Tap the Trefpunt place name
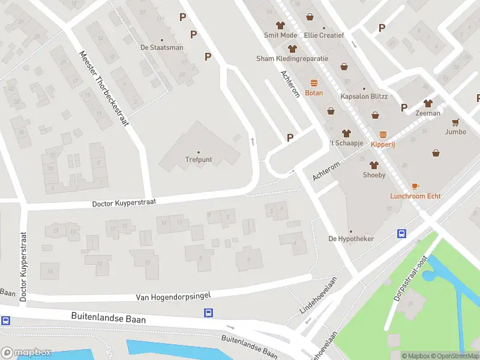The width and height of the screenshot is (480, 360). (199, 160)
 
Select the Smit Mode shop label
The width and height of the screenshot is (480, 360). (280, 35)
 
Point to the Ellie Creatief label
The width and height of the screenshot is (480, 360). (323, 35)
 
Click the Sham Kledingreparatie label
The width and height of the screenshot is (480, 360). (292, 59)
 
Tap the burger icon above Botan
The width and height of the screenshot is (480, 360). (314, 83)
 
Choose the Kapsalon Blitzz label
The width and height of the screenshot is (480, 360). (364, 97)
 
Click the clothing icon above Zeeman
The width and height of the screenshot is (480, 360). (428, 103)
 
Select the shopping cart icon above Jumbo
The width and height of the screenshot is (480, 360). (455, 122)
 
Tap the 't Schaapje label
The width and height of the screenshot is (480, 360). (344, 144)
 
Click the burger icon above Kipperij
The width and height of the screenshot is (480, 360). (383, 134)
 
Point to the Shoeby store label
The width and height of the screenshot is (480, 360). (373, 175)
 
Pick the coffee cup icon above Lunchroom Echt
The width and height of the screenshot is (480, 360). (415, 187)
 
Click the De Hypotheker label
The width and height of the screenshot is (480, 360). (350, 239)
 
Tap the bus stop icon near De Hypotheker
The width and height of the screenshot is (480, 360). (401, 234)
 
